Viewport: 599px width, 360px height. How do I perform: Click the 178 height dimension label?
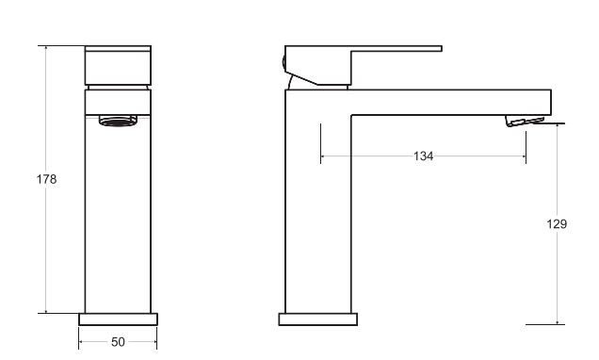[x=46, y=179]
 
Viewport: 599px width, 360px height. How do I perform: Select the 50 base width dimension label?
[x=118, y=342]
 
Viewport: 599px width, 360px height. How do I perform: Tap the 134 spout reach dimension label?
[x=423, y=155]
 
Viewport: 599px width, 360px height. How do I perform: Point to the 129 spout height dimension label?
[x=557, y=224]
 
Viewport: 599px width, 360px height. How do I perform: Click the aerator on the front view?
[x=118, y=122]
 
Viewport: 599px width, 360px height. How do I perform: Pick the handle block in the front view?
[x=118, y=65]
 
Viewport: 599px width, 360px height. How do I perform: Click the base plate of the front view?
[x=118, y=319]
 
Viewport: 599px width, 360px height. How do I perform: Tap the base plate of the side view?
[x=318, y=319]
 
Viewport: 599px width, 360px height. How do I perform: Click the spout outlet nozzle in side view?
[x=524, y=121]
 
